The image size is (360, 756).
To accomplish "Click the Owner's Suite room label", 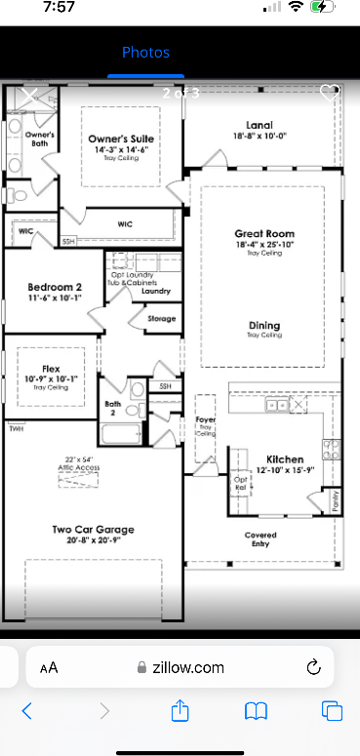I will click(x=121, y=139).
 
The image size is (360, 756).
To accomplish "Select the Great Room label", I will click(x=263, y=234).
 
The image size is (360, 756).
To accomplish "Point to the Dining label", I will click(x=263, y=326).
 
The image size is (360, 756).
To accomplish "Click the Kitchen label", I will click(x=285, y=458).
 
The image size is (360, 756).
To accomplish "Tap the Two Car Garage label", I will click(x=93, y=530).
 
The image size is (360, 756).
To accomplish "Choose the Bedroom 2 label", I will click(x=47, y=286).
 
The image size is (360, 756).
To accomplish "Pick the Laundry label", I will click(x=156, y=292).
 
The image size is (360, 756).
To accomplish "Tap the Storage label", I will click(x=161, y=319).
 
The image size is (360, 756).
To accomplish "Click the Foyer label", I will click(x=206, y=420).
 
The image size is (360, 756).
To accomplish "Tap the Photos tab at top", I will click(x=145, y=53).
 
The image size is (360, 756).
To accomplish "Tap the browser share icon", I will click(x=180, y=711).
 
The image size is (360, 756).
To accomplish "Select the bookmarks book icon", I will click(x=256, y=711).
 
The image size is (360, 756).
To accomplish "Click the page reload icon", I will click(x=314, y=667).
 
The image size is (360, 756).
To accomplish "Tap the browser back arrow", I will click(x=27, y=711).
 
